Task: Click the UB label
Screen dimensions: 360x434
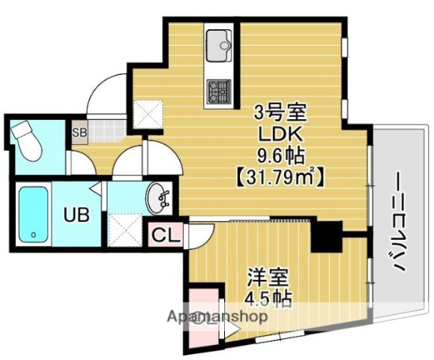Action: point(76,215)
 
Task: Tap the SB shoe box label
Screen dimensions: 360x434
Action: point(79,133)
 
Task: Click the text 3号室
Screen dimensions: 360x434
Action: point(280,114)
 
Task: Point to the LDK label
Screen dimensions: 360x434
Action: point(280,136)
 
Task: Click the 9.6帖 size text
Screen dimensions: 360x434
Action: point(280,157)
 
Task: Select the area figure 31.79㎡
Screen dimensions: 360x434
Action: point(279,178)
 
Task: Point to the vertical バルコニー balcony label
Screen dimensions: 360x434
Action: point(395,225)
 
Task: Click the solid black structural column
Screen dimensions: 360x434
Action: point(325,236)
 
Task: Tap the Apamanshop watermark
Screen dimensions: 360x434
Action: point(217,316)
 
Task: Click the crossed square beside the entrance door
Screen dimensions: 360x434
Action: point(145,114)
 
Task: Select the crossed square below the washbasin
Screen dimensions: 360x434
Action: point(123,227)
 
